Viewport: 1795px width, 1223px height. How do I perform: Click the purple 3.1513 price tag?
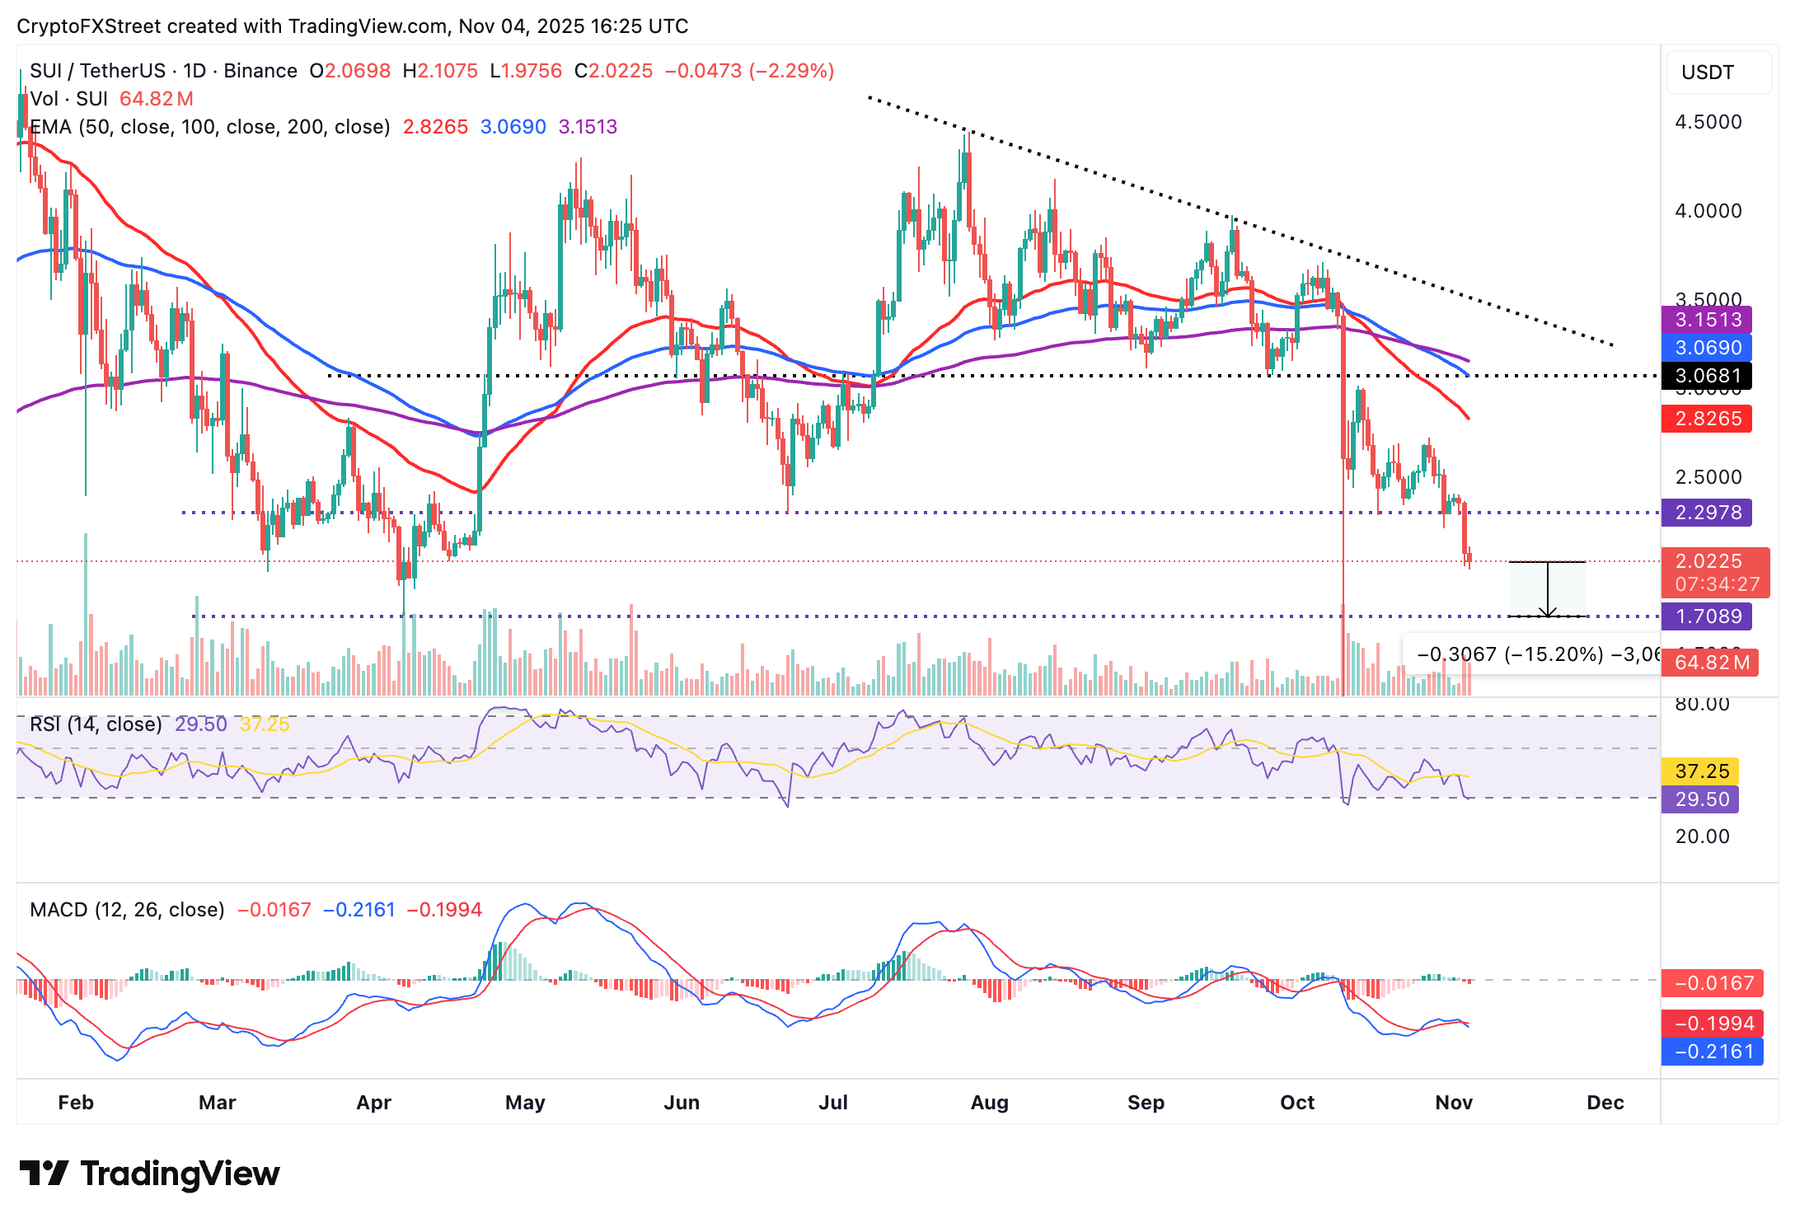click(1705, 320)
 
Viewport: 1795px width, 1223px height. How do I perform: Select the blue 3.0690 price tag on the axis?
click(1705, 348)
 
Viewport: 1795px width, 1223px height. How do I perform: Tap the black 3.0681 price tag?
click(1705, 377)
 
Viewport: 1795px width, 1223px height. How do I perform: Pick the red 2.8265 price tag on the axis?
click(1705, 419)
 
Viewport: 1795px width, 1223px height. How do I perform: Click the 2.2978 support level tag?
click(1705, 513)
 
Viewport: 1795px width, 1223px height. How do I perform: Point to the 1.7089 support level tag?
click(1705, 616)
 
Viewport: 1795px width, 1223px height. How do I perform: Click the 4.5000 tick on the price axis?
click(1708, 123)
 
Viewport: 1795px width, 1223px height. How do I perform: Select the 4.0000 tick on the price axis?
click(1708, 211)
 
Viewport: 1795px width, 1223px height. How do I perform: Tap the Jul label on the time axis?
click(833, 1103)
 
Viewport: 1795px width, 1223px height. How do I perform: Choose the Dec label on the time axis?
click(1605, 1103)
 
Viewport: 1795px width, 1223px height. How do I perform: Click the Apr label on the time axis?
click(373, 1103)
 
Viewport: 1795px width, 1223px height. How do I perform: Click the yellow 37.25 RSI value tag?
click(1701, 771)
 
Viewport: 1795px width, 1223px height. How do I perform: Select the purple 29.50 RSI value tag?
click(1701, 799)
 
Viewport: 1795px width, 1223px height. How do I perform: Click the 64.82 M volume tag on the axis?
click(1709, 663)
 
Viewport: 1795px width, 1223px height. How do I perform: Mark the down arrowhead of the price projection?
click(1548, 612)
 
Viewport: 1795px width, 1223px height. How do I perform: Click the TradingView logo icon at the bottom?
click(44, 1174)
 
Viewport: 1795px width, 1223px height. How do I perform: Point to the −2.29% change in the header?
click(792, 71)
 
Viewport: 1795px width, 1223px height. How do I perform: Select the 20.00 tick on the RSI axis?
click(1702, 836)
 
